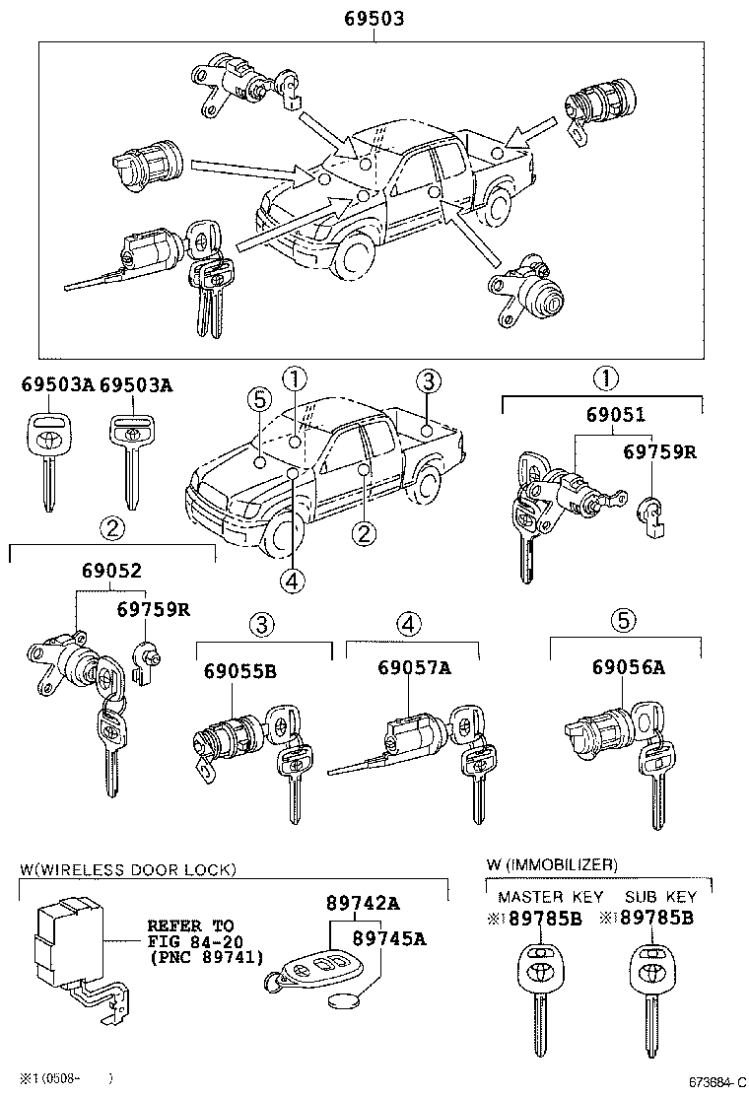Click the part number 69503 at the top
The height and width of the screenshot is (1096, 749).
pyautogui.click(x=374, y=19)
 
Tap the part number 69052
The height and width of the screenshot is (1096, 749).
pyautogui.click(x=103, y=571)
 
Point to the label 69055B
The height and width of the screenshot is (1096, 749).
pyautogui.click(x=240, y=671)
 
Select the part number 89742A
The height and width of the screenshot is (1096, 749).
pyautogui.click(x=363, y=903)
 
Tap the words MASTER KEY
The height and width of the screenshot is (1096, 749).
pyautogui.click(x=544, y=897)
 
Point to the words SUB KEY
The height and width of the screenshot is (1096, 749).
pyautogui.click(x=660, y=897)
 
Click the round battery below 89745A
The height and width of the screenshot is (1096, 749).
pyautogui.click(x=341, y=1002)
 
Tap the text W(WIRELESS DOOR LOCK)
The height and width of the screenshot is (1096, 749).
pyautogui.click(x=128, y=869)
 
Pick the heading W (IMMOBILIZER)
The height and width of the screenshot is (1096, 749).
pyautogui.click(x=552, y=864)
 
